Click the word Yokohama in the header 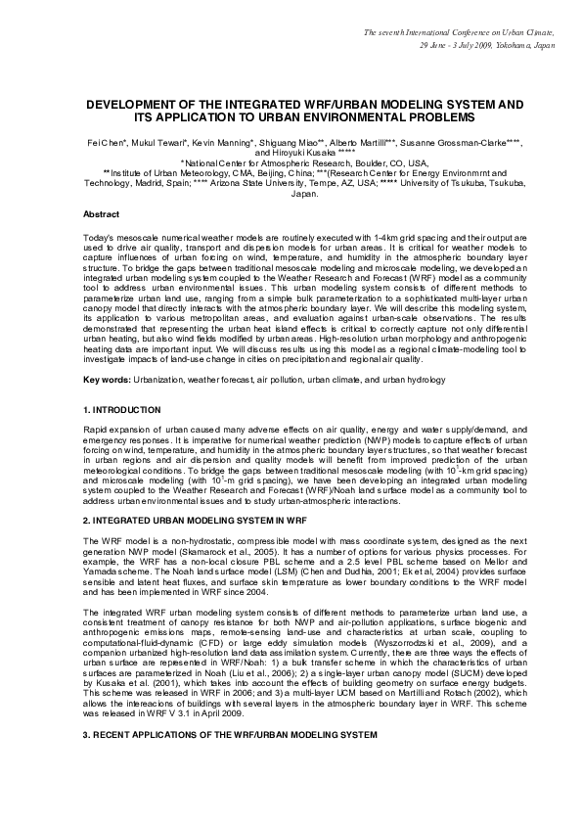(502, 46)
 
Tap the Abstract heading (102, 212)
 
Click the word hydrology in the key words (424, 351)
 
